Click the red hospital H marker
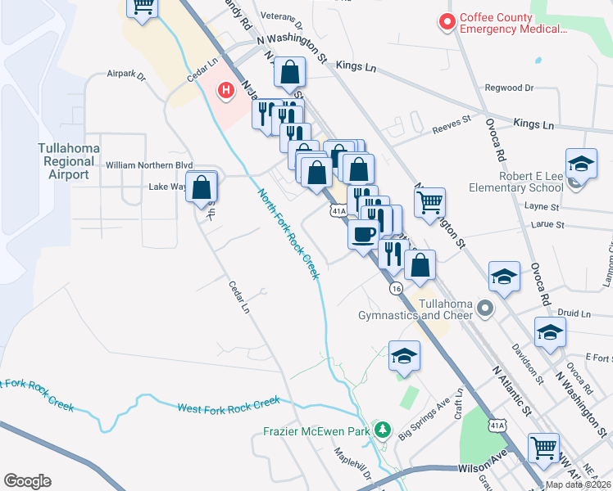[x=223, y=91]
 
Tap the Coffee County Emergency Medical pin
[x=447, y=23]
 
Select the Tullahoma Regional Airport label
[x=69, y=161]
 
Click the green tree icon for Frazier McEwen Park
[x=382, y=430]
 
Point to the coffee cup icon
[x=364, y=234]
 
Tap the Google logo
[x=27, y=481]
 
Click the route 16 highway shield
[x=397, y=289]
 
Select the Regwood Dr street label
[x=508, y=88]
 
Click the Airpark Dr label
[x=125, y=74]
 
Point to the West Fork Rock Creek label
[x=229, y=403]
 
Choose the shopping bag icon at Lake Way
[x=202, y=187]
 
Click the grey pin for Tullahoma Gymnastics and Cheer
[x=485, y=309]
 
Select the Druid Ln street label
[x=574, y=313]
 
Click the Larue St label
[x=548, y=224]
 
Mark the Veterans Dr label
[x=280, y=16]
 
